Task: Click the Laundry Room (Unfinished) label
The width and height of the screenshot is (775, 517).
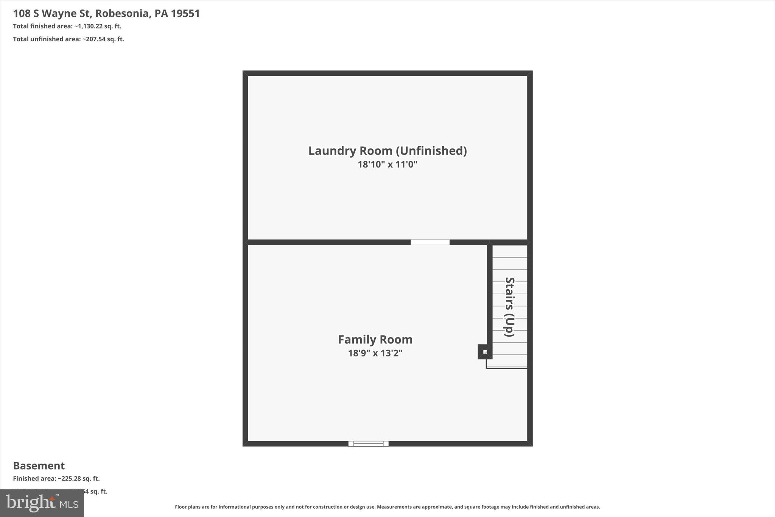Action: (x=387, y=151)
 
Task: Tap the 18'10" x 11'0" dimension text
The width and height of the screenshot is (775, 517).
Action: (x=387, y=164)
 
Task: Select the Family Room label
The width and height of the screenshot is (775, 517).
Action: (x=375, y=339)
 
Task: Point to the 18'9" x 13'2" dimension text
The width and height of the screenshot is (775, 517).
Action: (x=375, y=353)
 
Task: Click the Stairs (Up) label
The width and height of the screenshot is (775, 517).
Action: (x=510, y=307)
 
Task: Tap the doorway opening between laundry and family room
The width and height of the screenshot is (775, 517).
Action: (x=430, y=242)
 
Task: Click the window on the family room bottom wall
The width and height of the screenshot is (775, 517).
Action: (x=368, y=444)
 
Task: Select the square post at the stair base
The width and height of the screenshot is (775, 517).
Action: (x=485, y=352)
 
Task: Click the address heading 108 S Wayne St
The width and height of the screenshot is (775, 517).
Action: (x=52, y=14)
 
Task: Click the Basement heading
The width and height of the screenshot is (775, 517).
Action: (x=39, y=465)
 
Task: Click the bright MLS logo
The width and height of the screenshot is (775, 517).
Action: (x=42, y=503)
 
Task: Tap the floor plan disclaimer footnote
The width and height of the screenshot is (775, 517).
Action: (x=387, y=507)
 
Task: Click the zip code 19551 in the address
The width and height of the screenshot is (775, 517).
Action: (x=185, y=14)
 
